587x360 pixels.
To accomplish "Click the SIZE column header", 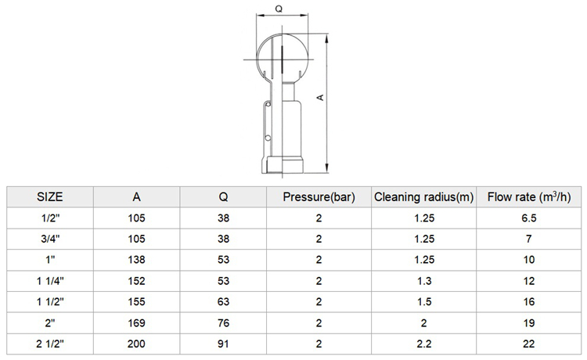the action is pyautogui.click(x=50, y=197).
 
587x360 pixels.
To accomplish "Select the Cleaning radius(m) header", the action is pyautogui.click(x=423, y=197).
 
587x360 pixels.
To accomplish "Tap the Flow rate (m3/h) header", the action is pyautogui.click(x=528, y=197).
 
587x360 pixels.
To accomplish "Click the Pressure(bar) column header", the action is pyautogui.click(x=319, y=197).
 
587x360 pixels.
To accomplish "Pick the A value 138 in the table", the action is pyautogui.click(x=136, y=260).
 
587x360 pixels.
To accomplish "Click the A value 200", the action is pyautogui.click(x=136, y=344).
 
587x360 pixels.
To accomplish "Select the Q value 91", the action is pyautogui.click(x=223, y=344).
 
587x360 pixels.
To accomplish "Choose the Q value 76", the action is pyautogui.click(x=223, y=322).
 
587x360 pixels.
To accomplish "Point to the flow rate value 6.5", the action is pyautogui.click(x=528, y=218).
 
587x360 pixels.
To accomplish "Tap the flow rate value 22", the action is pyautogui.click(x=528, y=344).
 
